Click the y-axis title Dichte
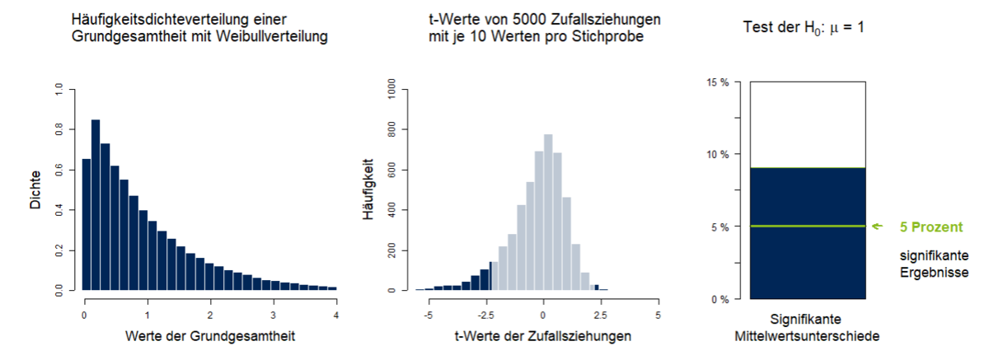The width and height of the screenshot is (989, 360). (35, 189)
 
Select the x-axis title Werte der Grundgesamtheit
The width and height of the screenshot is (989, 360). (210, 336)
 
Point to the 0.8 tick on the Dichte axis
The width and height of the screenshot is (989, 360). (58, 129)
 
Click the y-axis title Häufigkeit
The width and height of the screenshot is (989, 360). (368, 189)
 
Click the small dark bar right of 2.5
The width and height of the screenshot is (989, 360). (596, 287)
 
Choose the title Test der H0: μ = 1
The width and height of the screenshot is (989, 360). (804, 27)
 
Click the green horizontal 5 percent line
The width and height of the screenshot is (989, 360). (808, 226)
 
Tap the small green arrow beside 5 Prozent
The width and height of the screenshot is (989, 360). (878, 226)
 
